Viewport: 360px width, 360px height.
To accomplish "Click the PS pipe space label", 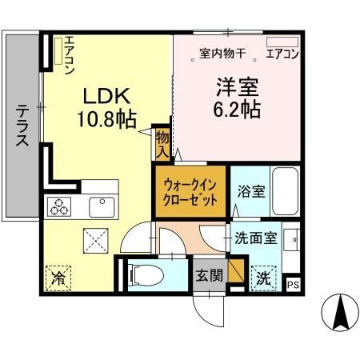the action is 293,285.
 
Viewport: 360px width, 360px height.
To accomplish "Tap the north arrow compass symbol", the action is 340,312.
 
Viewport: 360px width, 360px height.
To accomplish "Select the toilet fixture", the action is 146,274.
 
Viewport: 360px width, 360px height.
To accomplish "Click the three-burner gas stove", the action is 59,206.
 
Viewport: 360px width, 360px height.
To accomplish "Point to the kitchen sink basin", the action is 102,207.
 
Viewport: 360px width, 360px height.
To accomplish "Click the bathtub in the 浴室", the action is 285,191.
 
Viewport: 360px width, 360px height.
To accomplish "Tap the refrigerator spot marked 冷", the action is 58,278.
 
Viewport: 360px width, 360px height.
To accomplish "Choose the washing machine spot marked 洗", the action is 263,278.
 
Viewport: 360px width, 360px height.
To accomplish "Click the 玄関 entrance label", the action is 210,275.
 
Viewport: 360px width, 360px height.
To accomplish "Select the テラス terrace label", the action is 22,126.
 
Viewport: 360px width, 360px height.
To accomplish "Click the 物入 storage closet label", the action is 162,146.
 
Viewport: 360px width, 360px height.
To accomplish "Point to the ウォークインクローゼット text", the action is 190,192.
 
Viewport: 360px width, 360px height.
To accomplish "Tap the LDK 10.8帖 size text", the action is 106,107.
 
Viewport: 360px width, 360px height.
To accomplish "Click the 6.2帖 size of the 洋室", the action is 237,109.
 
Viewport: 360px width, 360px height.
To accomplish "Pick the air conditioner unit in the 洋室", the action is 282,42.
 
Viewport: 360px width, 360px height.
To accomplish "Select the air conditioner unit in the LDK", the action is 58,51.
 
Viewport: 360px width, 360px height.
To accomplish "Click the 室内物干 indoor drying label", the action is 222,54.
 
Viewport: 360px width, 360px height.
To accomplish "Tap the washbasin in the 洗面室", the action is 292,239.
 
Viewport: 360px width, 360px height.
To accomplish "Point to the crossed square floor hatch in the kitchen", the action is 96,241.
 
